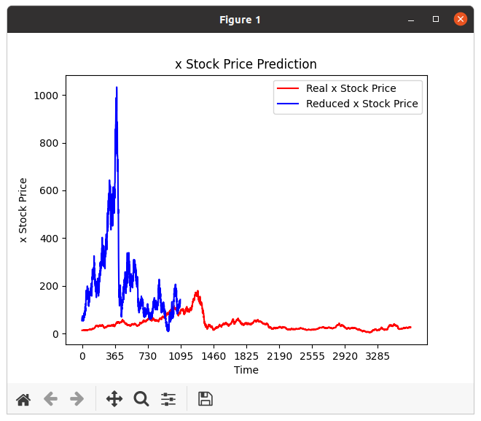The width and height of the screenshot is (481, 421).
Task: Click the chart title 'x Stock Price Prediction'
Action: click(246, 64)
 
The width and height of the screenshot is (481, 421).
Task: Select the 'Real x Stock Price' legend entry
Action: click(351, 88)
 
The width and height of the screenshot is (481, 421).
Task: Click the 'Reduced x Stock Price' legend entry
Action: click(361, 104)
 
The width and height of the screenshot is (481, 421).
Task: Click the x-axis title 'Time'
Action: click(246, 370)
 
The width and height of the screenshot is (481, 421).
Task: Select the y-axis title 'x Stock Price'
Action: click(23, 210)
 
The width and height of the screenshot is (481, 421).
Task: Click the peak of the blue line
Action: click(117, 88)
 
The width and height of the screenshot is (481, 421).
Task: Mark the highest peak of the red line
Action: click(197, 291)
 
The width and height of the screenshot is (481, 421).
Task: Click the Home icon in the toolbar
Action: click(23, 399)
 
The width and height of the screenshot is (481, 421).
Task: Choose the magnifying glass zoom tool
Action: click(141, 399)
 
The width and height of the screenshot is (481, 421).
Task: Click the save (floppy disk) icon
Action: click(206, 399)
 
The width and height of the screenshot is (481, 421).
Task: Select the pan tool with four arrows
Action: click(114, 399)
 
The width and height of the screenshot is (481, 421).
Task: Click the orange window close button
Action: click(461, 20)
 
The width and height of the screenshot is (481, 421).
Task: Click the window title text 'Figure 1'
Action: click(240, 20)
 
